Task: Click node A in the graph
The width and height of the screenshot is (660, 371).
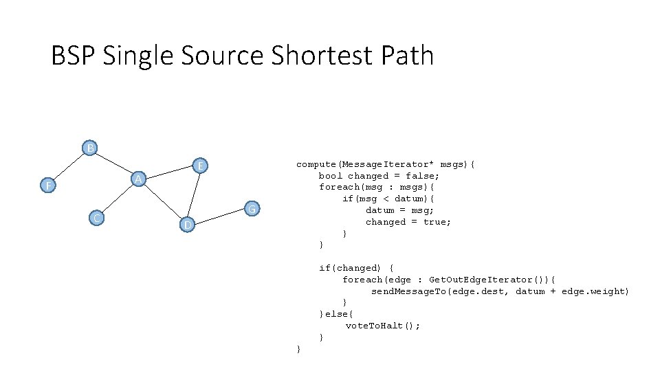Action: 138,179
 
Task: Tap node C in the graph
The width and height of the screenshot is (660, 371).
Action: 98,218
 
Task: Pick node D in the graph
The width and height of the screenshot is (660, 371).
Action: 186,225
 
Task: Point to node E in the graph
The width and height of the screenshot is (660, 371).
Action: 200,166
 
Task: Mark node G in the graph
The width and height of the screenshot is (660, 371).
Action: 252,208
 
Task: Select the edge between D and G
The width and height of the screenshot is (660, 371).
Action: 219,216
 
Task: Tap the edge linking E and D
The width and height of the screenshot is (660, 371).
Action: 193,195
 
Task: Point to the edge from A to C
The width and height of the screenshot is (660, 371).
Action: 118,199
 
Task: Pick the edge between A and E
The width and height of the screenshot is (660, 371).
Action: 169,172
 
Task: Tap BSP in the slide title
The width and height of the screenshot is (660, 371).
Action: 74,56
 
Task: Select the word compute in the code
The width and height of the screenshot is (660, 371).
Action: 316,164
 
